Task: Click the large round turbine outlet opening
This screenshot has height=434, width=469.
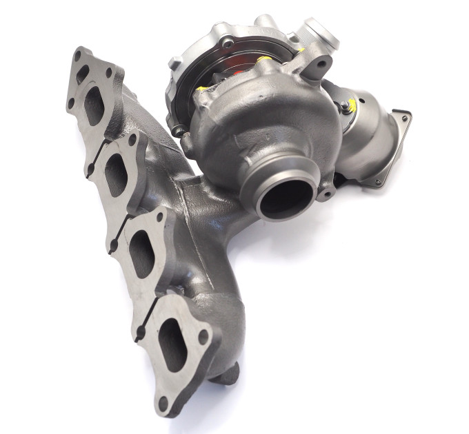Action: (283, 195)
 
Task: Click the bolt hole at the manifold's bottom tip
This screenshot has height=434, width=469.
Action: (163, 404)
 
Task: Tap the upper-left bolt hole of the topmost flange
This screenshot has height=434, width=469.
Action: (81, 53)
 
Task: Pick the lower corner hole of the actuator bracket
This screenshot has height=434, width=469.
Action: (377, 181)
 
